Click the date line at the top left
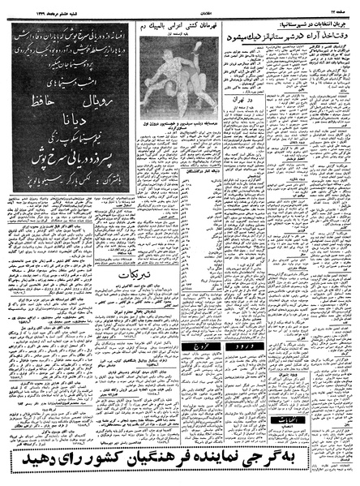pos(32,6)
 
